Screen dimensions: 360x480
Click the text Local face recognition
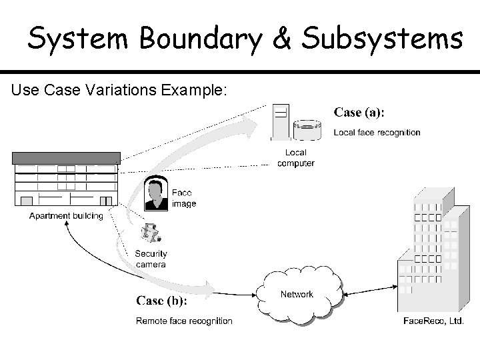pos(377,132)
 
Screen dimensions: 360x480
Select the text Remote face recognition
pos(184,321)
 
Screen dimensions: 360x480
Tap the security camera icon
pos(151,233)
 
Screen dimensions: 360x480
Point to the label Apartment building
pos(66,216)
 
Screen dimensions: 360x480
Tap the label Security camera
pos(151,259)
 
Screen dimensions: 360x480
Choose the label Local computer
pos(295,158)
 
